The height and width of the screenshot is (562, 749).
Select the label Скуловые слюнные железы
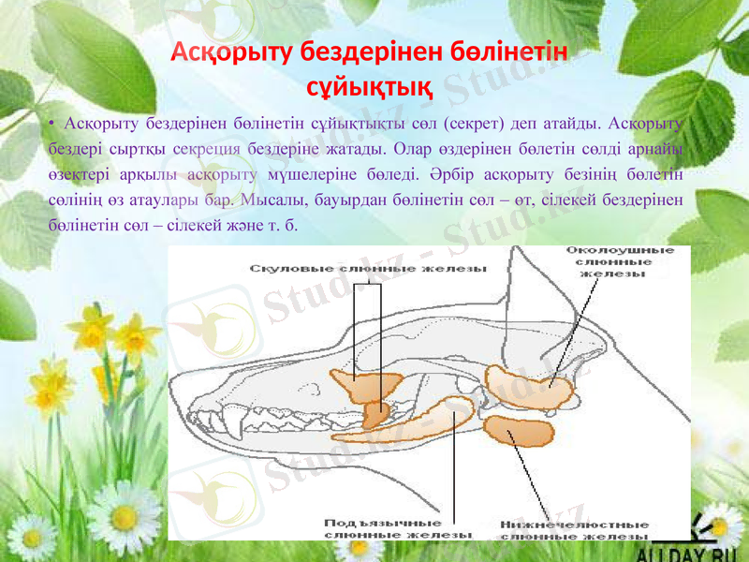click(368, 269)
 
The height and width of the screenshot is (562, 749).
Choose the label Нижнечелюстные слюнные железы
click(575, 530)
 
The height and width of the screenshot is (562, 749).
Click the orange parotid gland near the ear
click(529, 383)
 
